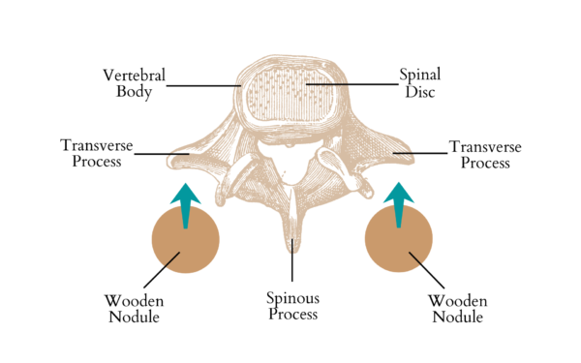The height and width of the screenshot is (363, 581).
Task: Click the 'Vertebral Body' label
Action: (136, 83)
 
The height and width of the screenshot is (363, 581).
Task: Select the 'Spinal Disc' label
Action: (420, 83)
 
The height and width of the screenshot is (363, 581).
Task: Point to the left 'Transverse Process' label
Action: (90, 154)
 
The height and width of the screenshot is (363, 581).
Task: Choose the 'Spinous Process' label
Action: (292, 305)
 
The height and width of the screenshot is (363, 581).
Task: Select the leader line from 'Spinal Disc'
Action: (349, 85)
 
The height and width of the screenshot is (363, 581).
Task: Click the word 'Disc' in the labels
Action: (420, 92)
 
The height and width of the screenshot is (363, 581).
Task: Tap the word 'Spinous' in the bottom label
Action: (292, 297)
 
